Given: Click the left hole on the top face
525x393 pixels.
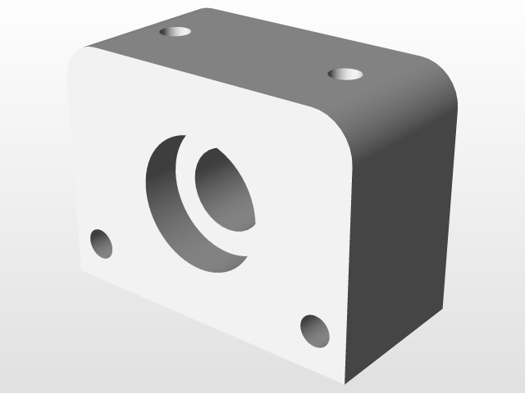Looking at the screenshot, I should (175, 32).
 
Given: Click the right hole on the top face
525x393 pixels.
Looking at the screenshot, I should (345, 75).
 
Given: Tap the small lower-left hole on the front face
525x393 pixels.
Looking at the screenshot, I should (101, 244).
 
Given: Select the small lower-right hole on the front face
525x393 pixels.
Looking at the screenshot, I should (315, 330).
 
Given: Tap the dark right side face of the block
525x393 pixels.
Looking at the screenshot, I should (402, 246).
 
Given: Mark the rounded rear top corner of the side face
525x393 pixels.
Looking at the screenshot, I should (447, 82).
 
